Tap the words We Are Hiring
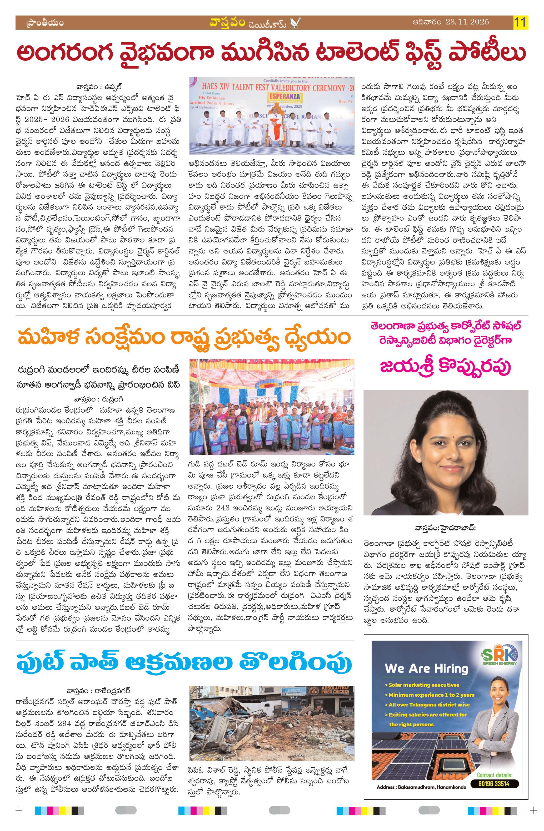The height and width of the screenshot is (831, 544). (x=426, y=668)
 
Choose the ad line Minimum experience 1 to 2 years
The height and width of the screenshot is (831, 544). (x=431, y=695)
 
